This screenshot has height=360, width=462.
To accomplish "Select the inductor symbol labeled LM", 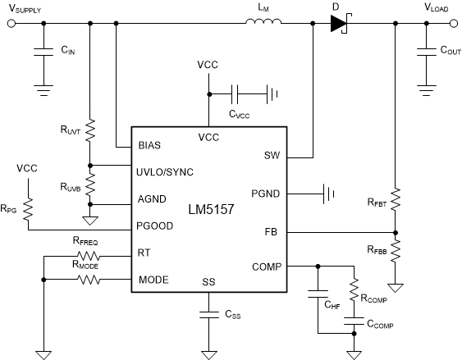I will point(263,25).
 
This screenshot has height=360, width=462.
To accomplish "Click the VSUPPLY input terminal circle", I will point(11,25).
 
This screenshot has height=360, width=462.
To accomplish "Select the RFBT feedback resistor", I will point(396,198).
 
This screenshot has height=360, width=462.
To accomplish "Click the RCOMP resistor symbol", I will point(354,291).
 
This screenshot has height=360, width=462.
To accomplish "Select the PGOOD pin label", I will point(153,225).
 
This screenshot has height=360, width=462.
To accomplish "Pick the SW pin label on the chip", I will point(272,154).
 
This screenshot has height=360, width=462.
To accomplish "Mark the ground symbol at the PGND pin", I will point(331,194).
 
